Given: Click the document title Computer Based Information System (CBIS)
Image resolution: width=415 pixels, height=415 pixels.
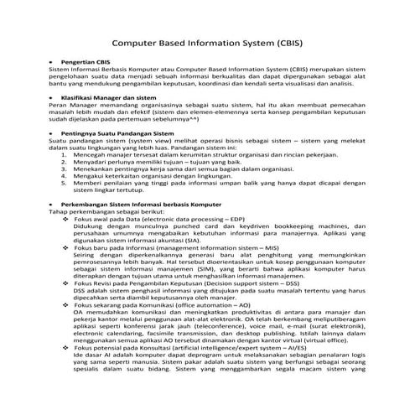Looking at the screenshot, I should point(207,40).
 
